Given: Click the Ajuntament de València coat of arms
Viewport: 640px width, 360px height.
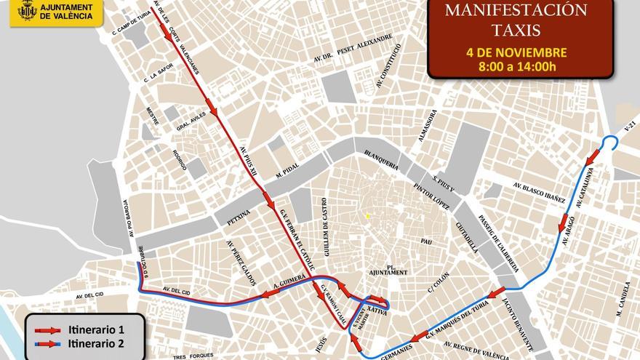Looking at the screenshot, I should coord(27,12).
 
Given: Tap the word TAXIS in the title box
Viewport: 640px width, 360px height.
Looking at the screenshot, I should coord(506,32).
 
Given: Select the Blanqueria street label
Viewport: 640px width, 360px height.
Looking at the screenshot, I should coord(380,160).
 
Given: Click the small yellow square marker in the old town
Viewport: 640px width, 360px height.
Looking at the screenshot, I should coord(369,216).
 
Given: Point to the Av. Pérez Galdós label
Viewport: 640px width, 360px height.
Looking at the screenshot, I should coord(241,263).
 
